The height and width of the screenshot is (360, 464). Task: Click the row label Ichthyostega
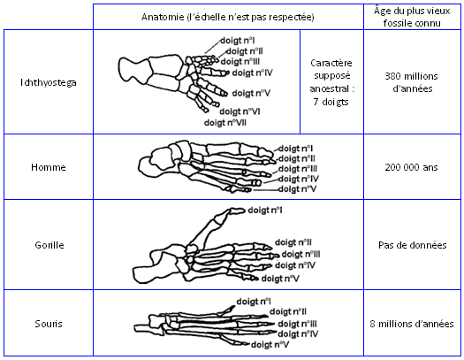coord(49,82)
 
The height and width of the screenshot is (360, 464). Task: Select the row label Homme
coord(49,167)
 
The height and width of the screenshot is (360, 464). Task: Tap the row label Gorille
coord(49,245)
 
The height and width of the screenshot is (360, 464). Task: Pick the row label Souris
coord(49,324)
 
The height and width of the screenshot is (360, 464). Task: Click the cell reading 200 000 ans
coord(411,167)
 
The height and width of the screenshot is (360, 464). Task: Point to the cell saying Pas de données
coord(412,245)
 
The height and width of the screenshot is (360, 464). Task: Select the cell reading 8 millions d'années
coord(412,324)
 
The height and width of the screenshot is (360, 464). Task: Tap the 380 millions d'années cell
coord(412,82)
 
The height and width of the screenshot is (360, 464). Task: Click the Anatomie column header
coord(228,17)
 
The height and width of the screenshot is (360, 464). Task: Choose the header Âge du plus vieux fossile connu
coord(412,17)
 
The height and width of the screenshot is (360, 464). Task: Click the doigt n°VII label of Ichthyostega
coord(224,123)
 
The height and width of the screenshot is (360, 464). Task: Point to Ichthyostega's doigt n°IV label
coord(252,73)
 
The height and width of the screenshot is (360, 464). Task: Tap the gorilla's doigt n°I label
coord(265,211)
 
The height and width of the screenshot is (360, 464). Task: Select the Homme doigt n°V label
coord(297,189)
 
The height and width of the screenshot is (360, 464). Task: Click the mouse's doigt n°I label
coord(254,302)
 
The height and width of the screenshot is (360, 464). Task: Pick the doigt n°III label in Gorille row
coord(300,255)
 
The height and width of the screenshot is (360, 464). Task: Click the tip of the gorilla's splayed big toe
coord(245,211)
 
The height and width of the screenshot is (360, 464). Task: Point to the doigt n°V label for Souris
coord(270,345)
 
